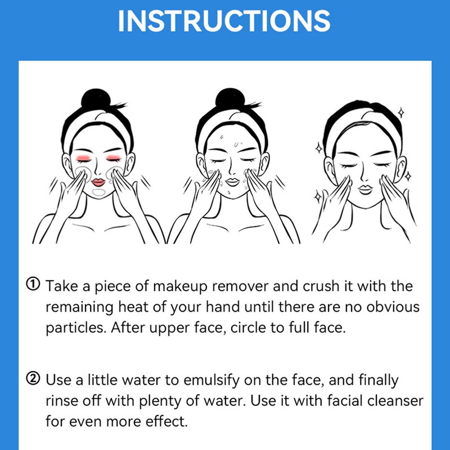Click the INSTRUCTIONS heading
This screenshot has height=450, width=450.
(x=224, y=21)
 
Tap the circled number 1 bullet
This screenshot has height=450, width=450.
(x=33, y=284)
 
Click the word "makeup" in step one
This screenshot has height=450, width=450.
(x=180, y=286)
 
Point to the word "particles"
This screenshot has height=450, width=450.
(x=76, y=328)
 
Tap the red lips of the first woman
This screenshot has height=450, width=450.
(x=98, y=182)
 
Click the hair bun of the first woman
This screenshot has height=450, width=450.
(x=96, y=98)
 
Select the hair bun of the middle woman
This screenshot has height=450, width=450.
(x=230, y=98)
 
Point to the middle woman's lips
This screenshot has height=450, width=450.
(x=232, y=182)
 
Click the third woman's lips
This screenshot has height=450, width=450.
(x=366, y=190)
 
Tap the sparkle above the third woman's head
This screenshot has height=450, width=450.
(x=401, y=112)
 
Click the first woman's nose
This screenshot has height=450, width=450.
(x=97, y=172)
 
